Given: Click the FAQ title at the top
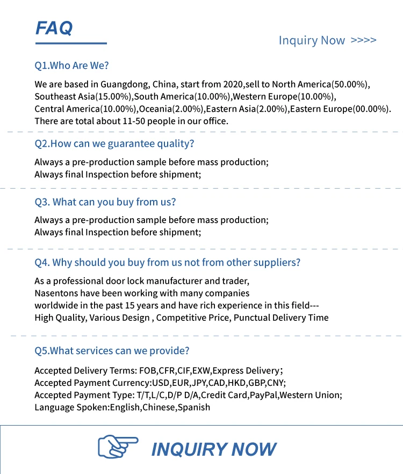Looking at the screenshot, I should coord(54,27).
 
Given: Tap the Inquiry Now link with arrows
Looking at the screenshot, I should coord(327,40).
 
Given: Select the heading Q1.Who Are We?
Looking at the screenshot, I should coord(71,66).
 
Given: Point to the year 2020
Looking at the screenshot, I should coord(232,84).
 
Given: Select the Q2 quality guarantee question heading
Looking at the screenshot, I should coord(114,143).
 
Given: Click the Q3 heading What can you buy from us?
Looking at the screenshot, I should coord(105,202).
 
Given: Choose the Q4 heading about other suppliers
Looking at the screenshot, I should coord(167,262).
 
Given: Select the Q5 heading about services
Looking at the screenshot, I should coord(112,351).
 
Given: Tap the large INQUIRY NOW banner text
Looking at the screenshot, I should coord(213,449).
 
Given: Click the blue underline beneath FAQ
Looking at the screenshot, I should coord(71,43).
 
